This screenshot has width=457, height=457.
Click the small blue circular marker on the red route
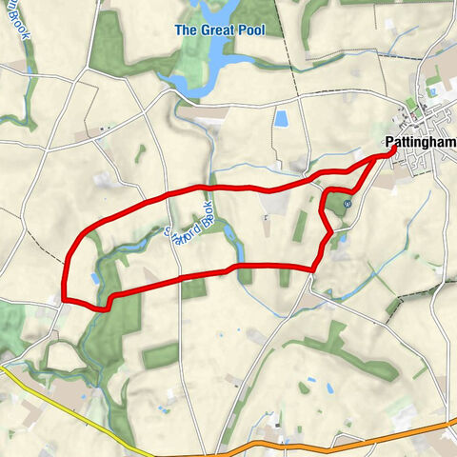point(348,203)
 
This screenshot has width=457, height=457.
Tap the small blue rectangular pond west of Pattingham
point(281,119)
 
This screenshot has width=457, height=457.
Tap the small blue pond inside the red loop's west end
point(93,279)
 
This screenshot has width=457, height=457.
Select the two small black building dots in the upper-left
point(101,128)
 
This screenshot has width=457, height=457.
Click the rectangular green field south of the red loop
point(160,355)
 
